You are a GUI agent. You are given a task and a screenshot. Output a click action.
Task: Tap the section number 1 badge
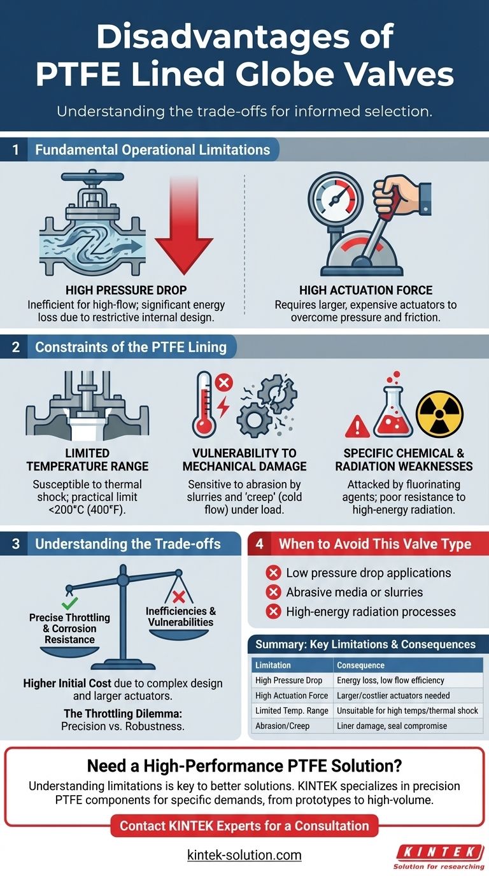(15, 150)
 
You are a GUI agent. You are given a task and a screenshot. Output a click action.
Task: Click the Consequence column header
(360, 665)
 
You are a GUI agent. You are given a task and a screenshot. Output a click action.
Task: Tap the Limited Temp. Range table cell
(292, 710)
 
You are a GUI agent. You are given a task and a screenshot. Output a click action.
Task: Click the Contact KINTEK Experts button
(244, 826)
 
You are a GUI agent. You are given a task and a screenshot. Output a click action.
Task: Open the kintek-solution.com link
(244, 855)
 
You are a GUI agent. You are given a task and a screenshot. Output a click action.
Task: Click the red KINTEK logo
(436, 851)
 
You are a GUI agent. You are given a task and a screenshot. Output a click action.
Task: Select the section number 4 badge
(260, 544)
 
